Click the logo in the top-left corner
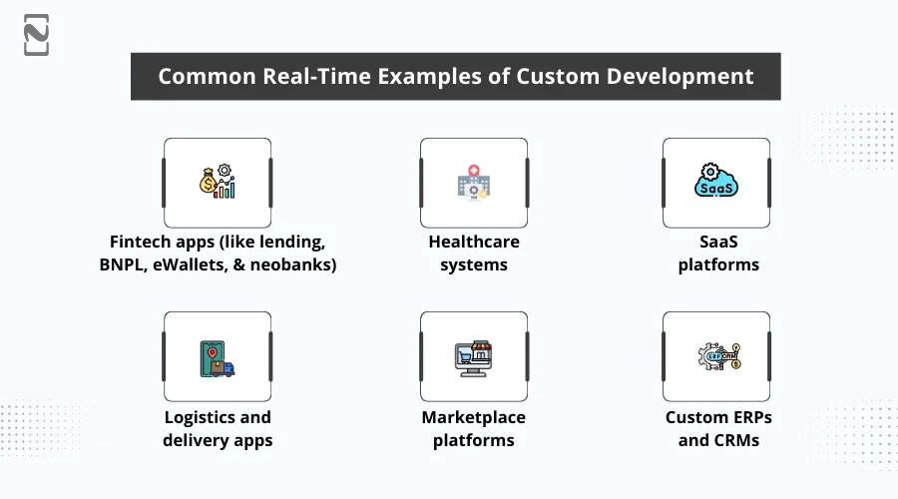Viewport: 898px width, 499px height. point(37,35)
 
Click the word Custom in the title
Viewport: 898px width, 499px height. point(554,77)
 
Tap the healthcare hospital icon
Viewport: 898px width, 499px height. point(473,183)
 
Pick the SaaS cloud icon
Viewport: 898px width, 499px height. point(715,183)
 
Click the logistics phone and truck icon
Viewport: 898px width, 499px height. point(217,356)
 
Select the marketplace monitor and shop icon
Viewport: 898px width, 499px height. point(473,356)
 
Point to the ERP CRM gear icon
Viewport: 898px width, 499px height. point(715,356)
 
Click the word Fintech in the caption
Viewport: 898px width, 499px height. point(144,243)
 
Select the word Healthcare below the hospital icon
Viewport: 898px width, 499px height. point(474,243)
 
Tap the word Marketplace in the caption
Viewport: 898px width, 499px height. point(473,417)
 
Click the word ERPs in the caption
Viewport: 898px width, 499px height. point(747,417)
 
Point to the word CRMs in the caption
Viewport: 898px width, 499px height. point(736,440)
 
